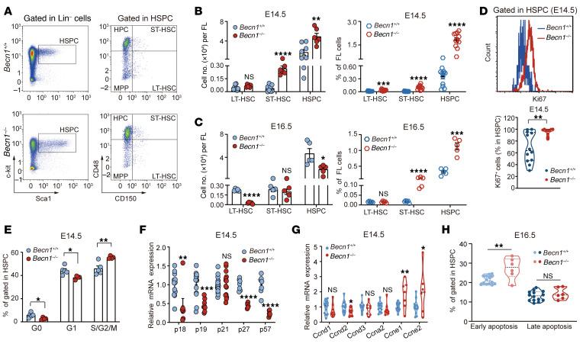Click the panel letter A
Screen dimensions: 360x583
6,7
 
